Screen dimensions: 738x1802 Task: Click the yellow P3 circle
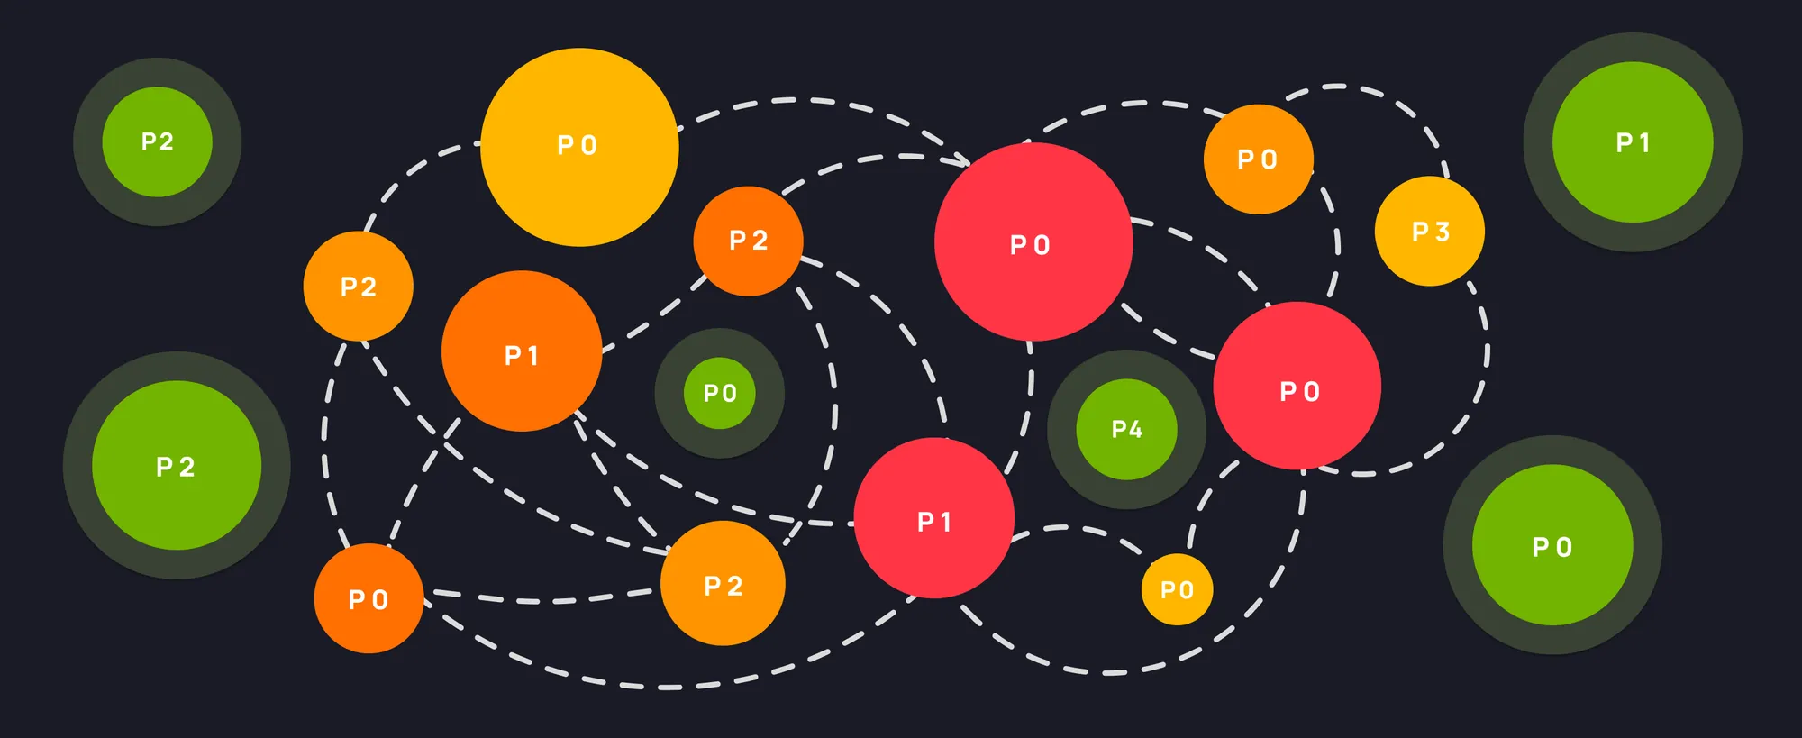[x=1429, y=232]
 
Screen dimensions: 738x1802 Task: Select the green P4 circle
[x=1126, y=429]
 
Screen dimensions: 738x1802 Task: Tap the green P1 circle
[x=1633, y=142]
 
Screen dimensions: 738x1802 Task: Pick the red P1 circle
[x=934, y=518]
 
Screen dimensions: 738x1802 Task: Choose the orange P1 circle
[x=522, y=351]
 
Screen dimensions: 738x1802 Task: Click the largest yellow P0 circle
[x=579, y=147]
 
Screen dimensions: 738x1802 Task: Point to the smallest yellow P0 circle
[x=1177, y=589]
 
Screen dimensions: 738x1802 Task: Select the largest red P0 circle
[x=1033, y=241]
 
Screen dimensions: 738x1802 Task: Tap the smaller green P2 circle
[x=157, y=141]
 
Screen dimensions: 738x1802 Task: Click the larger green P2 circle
[x=177, y=465]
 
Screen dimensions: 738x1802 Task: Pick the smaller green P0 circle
[x=719, y=393]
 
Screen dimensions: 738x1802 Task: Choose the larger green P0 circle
[x=1552, y=545]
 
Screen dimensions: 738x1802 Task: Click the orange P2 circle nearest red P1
[x=723, y=583]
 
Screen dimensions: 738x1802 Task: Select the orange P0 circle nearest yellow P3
[x=1258, y=159]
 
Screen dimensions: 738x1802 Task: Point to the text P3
[x=1430, y=232]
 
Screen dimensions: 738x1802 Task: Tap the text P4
[x=1126, y=430]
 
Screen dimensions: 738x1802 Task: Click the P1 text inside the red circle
[x=934, y=522]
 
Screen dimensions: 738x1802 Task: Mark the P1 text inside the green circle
[x=1633, y=142]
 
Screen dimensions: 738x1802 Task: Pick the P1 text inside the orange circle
[x=522, y=356]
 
